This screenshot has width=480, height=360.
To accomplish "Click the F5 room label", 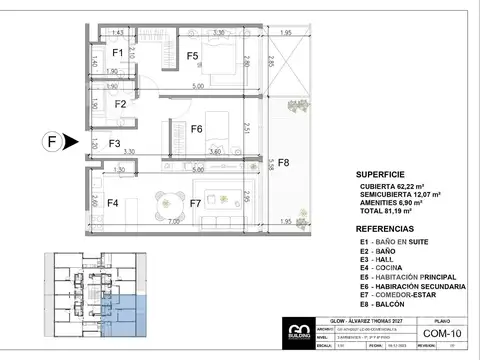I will tap(193, 56).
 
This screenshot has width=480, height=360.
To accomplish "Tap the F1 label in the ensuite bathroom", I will tap(117, 53).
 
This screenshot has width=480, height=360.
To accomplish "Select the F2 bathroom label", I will tap(119, 103).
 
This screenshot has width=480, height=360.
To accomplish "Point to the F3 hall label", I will tap(114, 145).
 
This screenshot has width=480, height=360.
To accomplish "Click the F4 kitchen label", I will tap(113, 204).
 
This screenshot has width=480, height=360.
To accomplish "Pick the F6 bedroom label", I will tap(197, 129).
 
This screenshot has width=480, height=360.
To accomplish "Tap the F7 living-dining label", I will tap(196, 204).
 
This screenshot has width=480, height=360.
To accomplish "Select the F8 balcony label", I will tap(283, 162).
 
